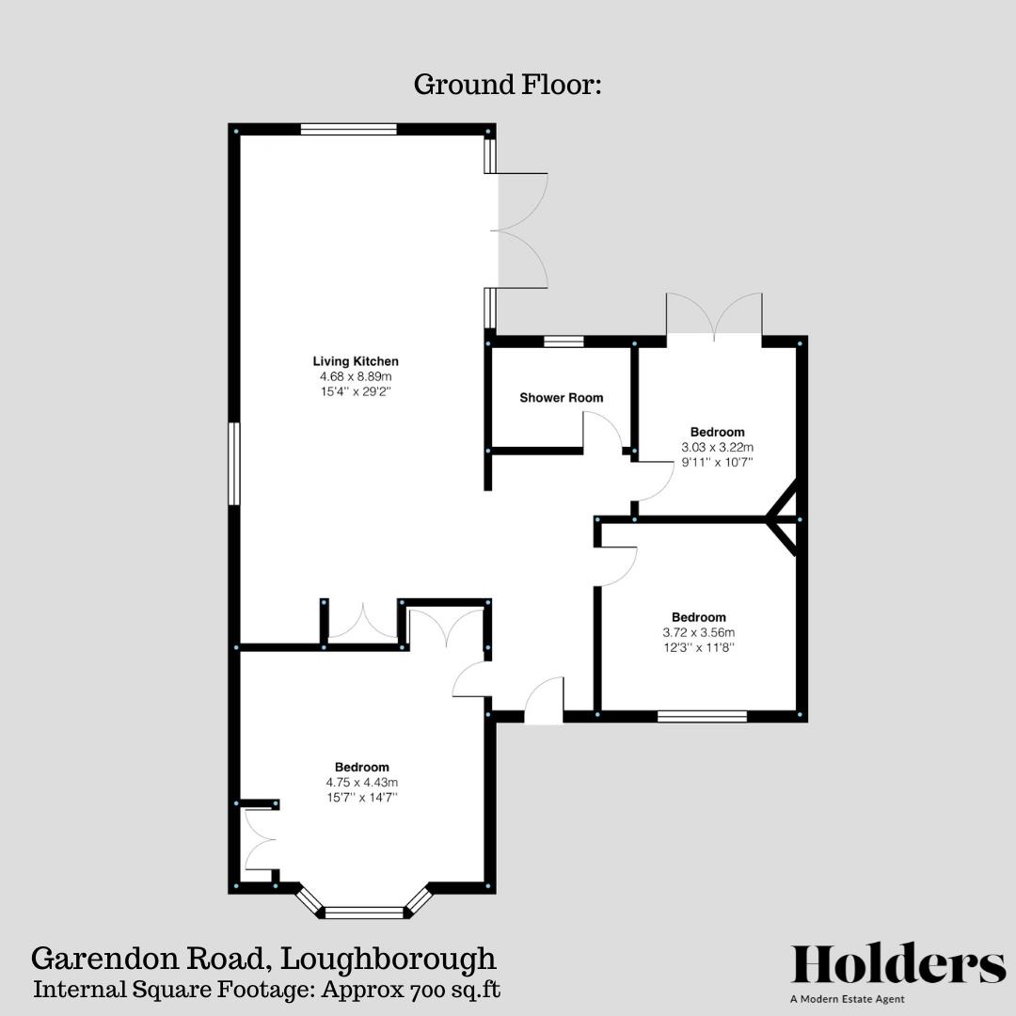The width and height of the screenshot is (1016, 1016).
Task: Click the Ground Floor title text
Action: point(507,85)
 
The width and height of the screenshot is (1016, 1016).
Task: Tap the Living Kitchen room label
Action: point(356,361)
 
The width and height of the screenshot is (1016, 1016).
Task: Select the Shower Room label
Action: point(562,398)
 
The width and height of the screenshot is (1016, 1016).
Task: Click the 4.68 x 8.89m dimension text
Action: point(356,376)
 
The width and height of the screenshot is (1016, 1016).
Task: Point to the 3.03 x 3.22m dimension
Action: point(718,448)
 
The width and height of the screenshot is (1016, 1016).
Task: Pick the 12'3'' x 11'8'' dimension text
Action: point(699,648)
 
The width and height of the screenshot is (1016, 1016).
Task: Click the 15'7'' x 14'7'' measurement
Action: point(361,797)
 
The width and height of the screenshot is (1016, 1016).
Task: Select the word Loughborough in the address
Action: point(389,959)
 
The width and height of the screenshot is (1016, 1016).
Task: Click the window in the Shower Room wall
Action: point(564,341)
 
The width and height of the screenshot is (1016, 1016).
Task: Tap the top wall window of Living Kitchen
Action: point(348,130)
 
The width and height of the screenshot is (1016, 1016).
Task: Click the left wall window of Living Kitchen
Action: point(234,464)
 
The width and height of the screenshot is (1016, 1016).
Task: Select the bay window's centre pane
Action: point(363,912)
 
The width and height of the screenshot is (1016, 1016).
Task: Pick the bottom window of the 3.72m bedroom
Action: point(702,717)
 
